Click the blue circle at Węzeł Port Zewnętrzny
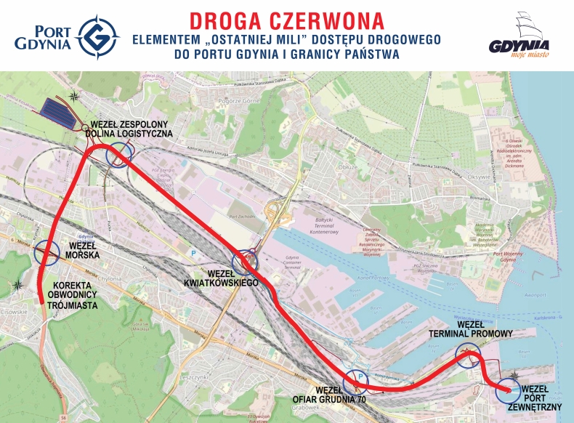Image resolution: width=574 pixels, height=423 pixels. (507, 390)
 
